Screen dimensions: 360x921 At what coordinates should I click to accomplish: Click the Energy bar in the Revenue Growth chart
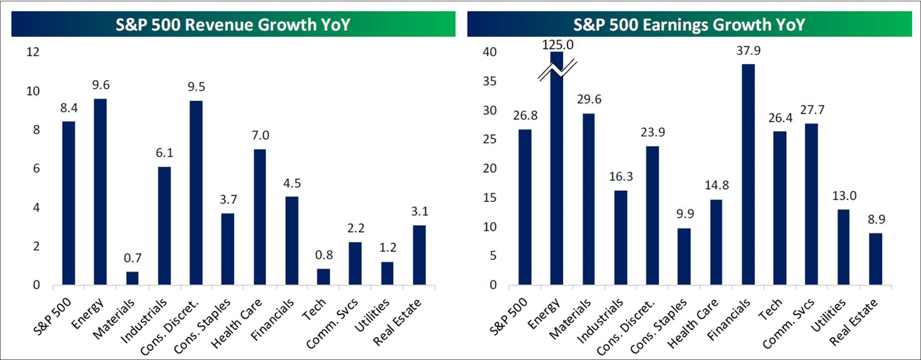[100, 192]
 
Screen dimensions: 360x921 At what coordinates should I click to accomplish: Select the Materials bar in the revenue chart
[132, 278]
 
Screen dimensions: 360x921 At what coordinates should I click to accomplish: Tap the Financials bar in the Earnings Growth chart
[748, 174]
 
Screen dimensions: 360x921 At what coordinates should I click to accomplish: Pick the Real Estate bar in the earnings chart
[876, 259]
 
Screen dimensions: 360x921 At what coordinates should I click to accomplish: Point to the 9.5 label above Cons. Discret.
[196, 87]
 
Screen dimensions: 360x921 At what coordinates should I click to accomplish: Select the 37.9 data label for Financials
[748, 51]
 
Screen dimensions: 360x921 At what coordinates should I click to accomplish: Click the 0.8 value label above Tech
[324, 255]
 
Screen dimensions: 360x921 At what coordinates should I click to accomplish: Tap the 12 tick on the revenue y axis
[33, 52]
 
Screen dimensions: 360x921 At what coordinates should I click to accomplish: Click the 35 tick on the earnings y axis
[489, 81]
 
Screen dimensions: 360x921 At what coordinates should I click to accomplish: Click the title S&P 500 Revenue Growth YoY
[233, 24]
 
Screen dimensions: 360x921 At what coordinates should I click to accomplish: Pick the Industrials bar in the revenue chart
[164, 226]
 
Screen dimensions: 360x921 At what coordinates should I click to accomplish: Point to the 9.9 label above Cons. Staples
[685, 214]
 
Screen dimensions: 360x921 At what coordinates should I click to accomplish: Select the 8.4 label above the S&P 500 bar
[69, 108]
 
